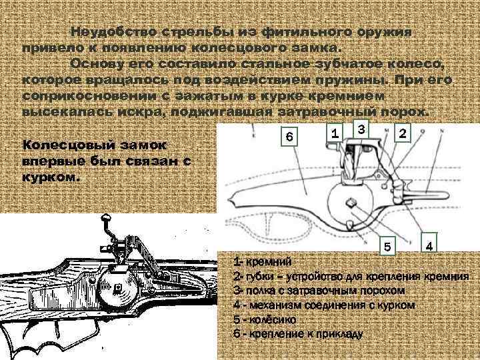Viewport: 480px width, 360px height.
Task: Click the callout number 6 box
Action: pyautogui.click(x=288, y=137)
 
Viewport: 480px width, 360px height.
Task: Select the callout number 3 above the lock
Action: pyautogui.click(x=359, y=128)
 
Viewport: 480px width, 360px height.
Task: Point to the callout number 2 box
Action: pyautogui.click(x=402, y=134)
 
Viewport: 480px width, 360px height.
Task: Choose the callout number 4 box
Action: pyautogui.click(x=430, y=246)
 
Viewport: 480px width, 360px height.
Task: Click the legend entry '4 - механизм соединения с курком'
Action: pyautogui.click(x=324, y=305)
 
